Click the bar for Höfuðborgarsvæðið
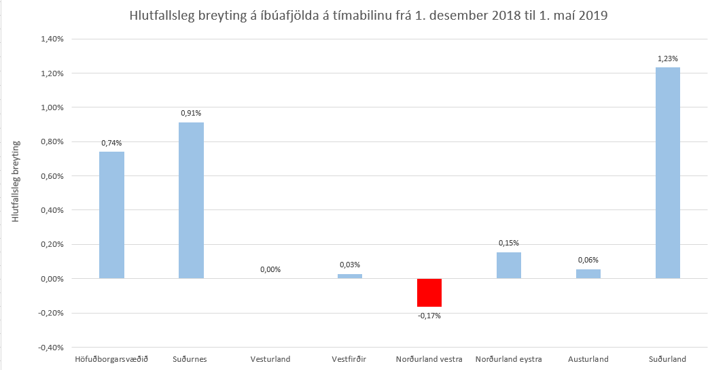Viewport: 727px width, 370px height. coord(111,215)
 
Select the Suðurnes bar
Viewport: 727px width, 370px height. coord(191,201)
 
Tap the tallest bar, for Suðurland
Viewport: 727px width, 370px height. coord(667,173)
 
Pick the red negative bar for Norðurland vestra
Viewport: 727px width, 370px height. coord(429,292)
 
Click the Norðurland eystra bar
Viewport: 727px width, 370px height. coord(509,265)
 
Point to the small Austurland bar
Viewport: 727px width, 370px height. coord(588,273)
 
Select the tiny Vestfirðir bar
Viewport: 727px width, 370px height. coord(350,276)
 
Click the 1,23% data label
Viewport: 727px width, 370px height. coord(667,59)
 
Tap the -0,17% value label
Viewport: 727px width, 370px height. coord(429,316)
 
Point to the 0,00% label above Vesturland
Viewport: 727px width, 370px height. coord(270,269)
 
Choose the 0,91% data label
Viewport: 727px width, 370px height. coord(191,114)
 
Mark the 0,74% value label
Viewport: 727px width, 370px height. coord(111,143)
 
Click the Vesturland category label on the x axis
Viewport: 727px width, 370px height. coord(270,359)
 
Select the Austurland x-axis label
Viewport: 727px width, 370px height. coord(588,359)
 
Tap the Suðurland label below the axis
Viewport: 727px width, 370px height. coord(667,359)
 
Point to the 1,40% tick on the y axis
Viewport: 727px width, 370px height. coord(52,39)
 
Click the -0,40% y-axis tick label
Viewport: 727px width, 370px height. coord(52,348)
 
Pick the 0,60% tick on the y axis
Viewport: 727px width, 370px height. coord(52,176)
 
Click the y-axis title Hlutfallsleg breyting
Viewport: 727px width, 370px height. coord(16,182)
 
